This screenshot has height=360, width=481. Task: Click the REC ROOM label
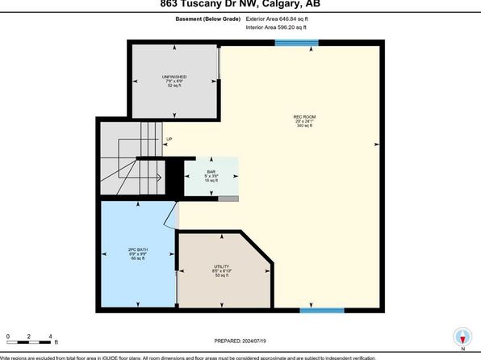tap(303, 117)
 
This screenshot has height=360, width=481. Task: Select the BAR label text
tap(211, 172)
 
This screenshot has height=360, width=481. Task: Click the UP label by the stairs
tap(169, 140)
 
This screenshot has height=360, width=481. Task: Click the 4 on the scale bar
tap(50, 336)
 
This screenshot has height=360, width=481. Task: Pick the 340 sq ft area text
tap(303, 126)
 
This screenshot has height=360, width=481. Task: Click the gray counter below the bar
tap(228, 198)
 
